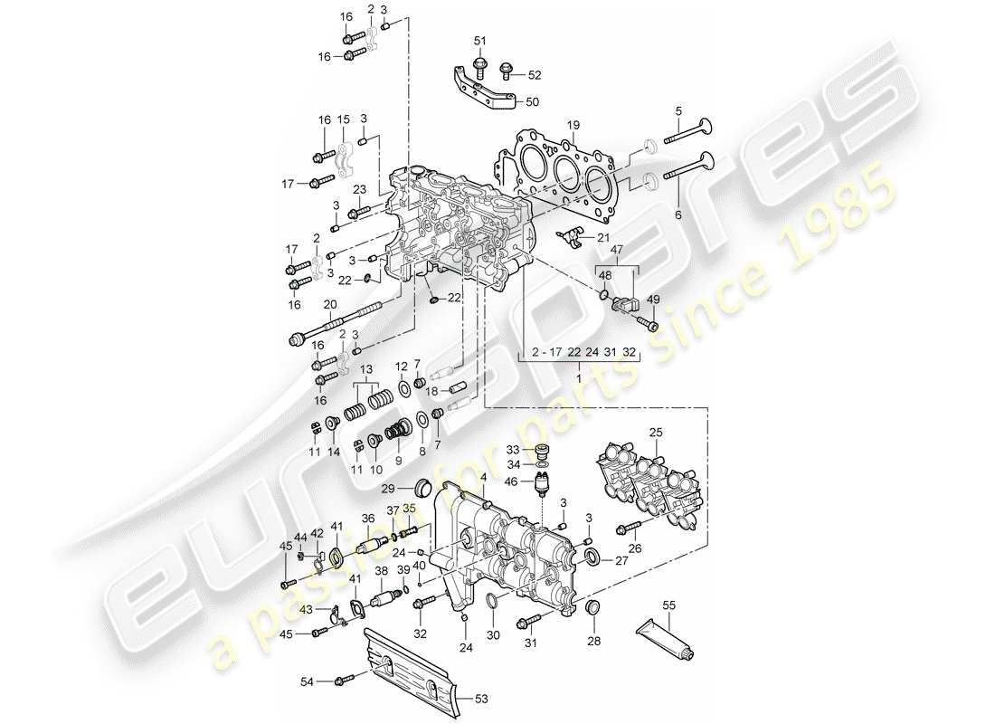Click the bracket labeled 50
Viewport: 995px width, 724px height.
point(485,90)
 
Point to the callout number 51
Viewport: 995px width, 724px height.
point(479,41)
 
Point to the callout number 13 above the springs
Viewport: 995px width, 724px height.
point(366,371)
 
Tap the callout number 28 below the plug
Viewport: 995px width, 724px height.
point(592,641)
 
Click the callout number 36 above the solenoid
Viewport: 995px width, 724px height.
point(368,519)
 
